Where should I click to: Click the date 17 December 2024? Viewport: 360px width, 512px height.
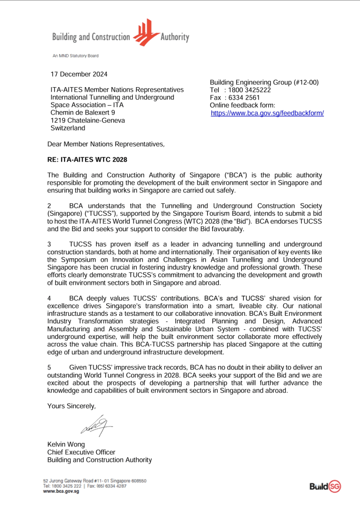pyautogui.click(x=79, y=75)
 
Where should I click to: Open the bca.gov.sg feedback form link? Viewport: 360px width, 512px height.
pyautogui.click(x=267, y=114)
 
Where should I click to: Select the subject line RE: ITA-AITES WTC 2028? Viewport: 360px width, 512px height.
pyautogui.click(x=87, y=160)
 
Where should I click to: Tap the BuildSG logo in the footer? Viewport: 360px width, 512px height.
pyautogui.click(x=325, y=486)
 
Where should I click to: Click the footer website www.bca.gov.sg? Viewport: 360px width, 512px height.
pyautogui.click(x=61, y=491)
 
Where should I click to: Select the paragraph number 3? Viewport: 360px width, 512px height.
pyautogui.click(x=49, y=244)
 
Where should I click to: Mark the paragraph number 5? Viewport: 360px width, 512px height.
pyautogui.click(x=49, y=368)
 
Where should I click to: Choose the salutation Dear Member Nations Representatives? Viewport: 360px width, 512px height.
pyautogui.click(x=106, y=145)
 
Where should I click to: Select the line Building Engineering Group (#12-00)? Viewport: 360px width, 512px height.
pyautogui.click(x=264, y=83)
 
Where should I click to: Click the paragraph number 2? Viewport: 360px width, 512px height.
pyautogui.click(x=49, y=205)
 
